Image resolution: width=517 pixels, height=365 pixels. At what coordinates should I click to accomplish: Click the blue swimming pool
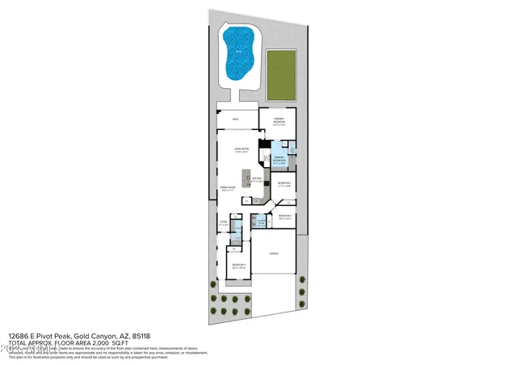(241, 53)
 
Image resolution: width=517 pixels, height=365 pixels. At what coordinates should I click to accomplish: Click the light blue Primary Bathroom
(277, 158)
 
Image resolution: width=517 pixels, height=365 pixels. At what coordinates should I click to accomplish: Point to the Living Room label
(240, 150)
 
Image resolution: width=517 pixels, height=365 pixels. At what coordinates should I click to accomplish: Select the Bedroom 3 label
(284, 216)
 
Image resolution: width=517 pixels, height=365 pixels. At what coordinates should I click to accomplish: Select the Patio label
(236, 120)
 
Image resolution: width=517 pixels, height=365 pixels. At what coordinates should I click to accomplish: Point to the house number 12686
(20, 335)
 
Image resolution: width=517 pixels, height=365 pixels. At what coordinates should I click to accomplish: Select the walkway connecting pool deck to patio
(237, 99)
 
